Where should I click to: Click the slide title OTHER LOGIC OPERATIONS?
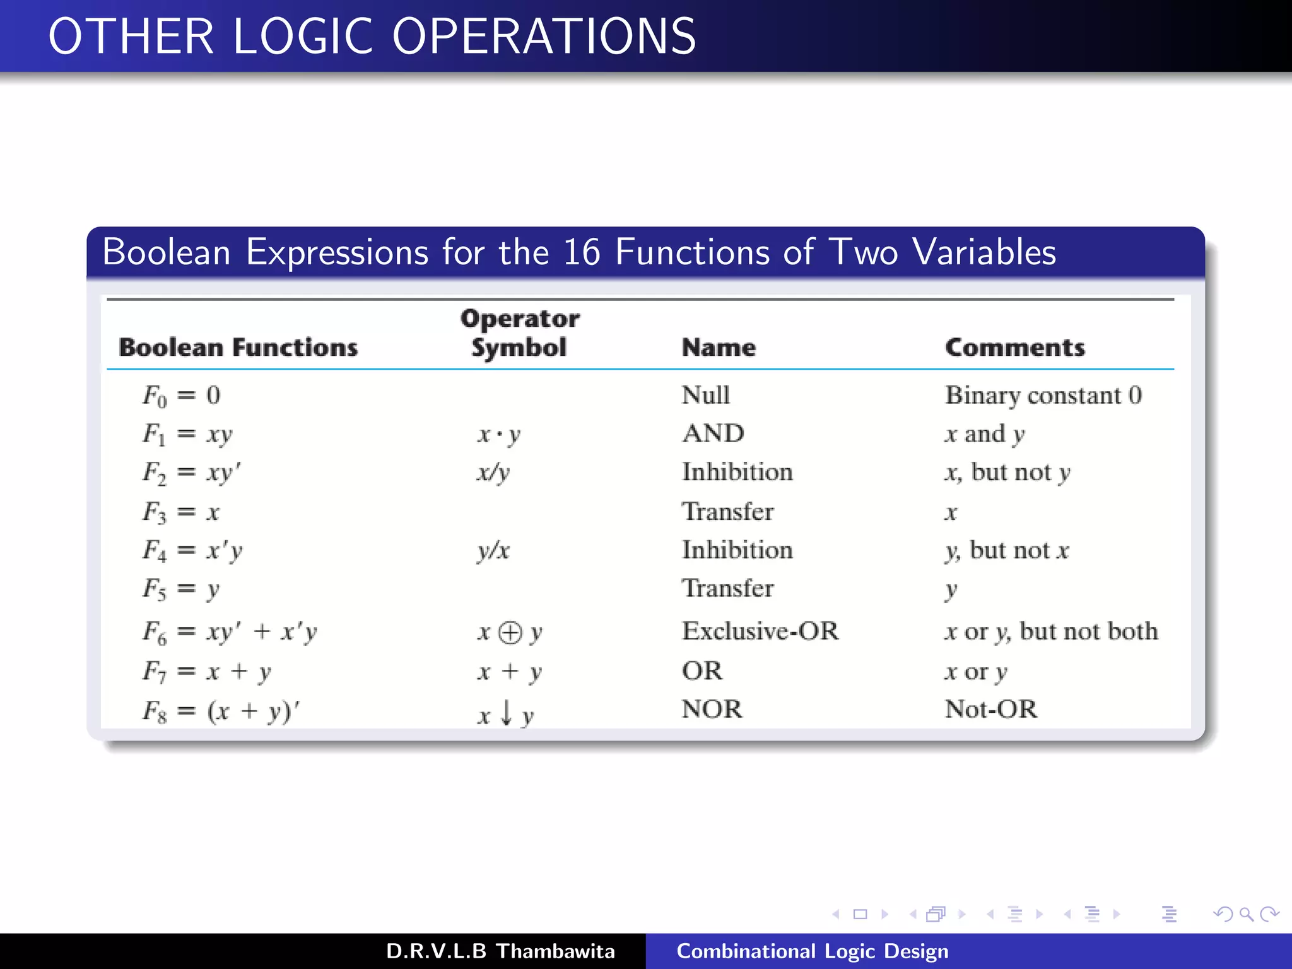372,37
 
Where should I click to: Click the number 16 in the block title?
581,252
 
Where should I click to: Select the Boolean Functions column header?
238,348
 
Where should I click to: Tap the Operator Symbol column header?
519,333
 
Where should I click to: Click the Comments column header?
1014,348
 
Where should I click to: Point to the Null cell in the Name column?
705,396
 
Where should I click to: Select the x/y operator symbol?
493,473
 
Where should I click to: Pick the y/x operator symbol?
493,551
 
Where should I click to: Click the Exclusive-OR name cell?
760,631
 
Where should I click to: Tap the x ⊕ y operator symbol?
510,632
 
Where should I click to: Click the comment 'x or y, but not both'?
1051,631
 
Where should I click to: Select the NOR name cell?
712,709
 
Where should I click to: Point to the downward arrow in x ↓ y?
506,713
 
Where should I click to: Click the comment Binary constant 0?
1043,396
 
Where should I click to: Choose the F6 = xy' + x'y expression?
230,631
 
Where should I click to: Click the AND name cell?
713,433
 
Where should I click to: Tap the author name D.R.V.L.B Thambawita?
500,951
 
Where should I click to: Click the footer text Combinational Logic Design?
812,951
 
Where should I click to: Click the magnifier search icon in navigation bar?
1245,914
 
